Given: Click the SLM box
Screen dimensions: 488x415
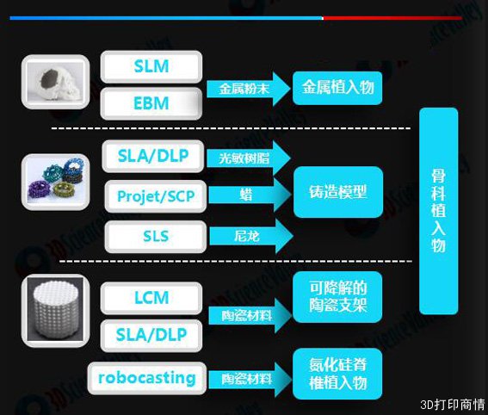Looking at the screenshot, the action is coord(151,66).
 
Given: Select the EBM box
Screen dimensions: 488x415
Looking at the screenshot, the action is coord(151,103).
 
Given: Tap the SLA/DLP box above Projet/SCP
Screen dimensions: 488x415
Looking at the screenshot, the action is coord(153,156).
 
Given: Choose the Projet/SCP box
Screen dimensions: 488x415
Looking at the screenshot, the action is coord(156,196).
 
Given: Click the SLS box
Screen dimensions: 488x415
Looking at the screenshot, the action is coord(156,236).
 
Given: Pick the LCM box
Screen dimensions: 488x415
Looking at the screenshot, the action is coord(151,298).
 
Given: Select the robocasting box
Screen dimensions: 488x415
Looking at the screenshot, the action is coord(147,378).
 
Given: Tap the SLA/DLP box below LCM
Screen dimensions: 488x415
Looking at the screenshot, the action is coord(151,335).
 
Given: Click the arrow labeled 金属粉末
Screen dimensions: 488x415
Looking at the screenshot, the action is coord(249,89).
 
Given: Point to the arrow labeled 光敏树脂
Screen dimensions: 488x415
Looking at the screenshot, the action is coord(249,158).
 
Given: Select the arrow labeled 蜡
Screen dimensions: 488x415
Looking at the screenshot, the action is coord(250,195).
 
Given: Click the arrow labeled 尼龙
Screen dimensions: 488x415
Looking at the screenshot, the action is coord(251,236).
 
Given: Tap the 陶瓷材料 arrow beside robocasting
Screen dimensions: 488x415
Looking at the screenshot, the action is coord(250,379).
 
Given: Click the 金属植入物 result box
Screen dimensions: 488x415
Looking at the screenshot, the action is coord(337,88).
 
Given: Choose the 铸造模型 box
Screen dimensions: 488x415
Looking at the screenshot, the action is coord(338,192).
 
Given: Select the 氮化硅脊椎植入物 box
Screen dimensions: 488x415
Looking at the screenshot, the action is coord(337,374).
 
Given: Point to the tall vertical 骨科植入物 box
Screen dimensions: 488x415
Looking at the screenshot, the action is coord(439,211).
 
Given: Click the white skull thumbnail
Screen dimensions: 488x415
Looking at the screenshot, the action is coord(55,82).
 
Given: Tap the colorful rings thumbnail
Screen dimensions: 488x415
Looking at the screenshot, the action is coord(55,182).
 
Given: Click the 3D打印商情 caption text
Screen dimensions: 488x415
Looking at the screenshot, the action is coord(452,405).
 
